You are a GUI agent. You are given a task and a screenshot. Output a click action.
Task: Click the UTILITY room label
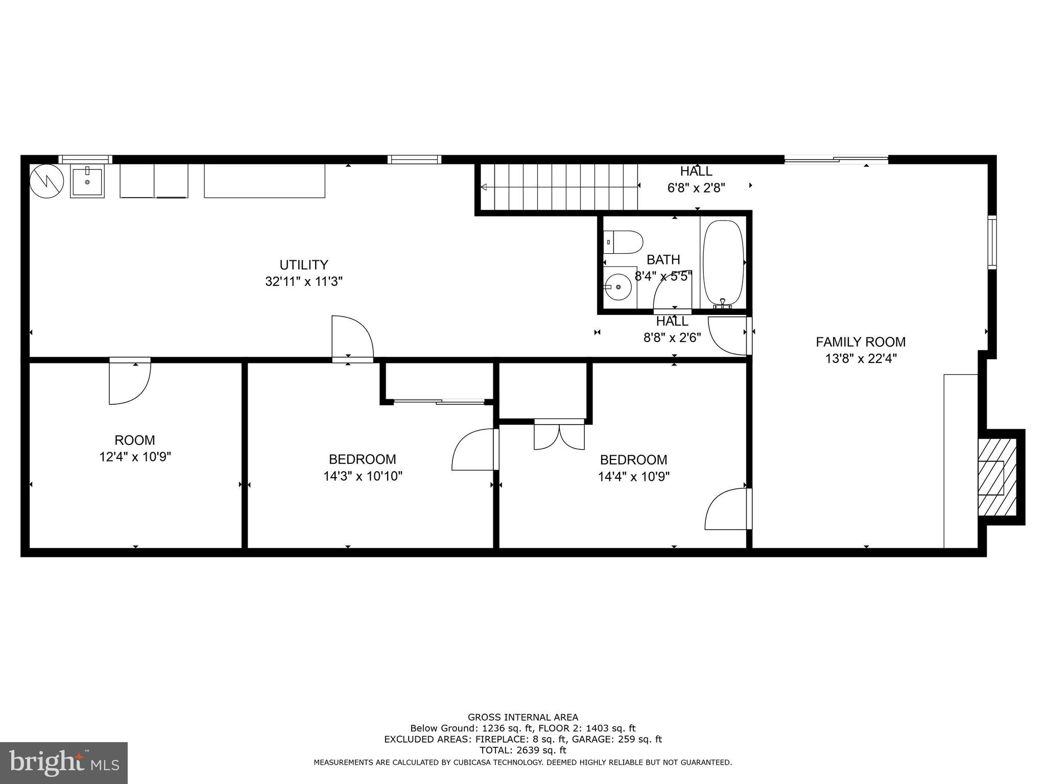tap(303, 265)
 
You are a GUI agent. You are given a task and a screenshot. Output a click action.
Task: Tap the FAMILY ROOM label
tap(860, 342)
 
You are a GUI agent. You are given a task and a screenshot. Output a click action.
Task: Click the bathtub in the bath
tap(723, 263)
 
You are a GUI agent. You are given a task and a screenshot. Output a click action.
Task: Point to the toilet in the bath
tap(623, 242)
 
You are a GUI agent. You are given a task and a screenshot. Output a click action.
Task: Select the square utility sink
tap(87, 181)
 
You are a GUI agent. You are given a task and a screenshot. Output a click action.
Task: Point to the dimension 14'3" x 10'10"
tap(363, 477)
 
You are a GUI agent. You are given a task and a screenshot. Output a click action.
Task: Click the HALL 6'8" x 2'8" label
tap(696, 179)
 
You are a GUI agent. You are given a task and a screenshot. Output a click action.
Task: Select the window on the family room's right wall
tap(992, 242)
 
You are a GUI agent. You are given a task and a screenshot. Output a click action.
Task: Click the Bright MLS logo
tap(64, 763)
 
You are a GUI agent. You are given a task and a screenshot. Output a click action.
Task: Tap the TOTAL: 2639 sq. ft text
tap(522, 750)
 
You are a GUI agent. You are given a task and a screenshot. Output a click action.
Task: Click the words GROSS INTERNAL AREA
tap(522, 717)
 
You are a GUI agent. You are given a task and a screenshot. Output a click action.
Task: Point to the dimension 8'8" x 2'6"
tap(672, 337)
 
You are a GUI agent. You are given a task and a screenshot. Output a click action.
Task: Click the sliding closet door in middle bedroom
tap(439, 402)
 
